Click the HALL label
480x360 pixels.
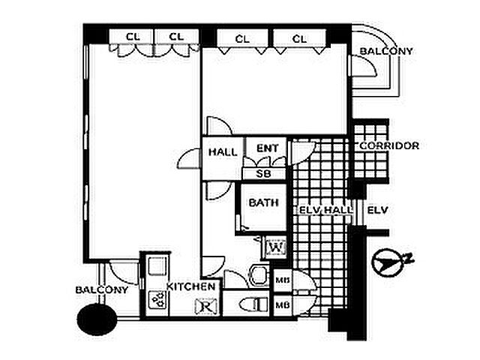(x=223, y=152)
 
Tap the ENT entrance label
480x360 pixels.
(x=267, y=148)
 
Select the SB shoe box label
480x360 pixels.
(x=263, y=174)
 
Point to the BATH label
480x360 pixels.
(x=263, y=202)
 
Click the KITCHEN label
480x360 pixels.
(x=190, y=286)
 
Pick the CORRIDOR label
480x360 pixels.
(x=389, y=145)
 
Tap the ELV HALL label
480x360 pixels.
(x=325, y=210)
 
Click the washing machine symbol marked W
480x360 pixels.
(x=276, y=247)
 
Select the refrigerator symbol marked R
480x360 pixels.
(x=206, y=306)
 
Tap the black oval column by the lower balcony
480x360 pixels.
(x=97, y=319)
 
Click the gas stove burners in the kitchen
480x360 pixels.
(x=157, y=300)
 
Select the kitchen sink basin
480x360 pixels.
(x=157, y=265)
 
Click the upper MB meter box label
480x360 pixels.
(x=283, y=280)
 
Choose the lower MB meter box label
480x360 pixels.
(x=283, y=305)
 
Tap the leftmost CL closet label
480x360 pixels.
(x=133, y=37)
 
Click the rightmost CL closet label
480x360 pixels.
(x=299, y=39)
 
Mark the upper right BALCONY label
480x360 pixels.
(x=386, y=51)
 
